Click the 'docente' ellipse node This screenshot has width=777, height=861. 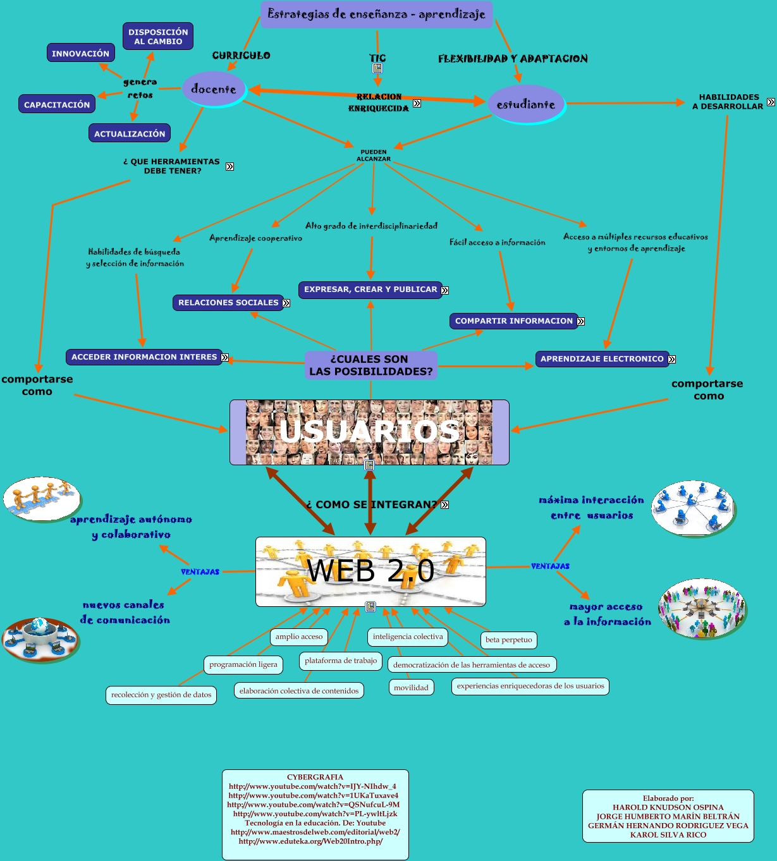(213, 89)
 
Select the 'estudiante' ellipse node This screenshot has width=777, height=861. (525, 104)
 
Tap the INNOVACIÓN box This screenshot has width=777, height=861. (80, 53)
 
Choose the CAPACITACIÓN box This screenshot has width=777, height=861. (57, 104)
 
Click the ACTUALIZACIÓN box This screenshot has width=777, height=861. (130, 133)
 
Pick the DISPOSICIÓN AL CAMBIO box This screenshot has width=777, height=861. (158, 37)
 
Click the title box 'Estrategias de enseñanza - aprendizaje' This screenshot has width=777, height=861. (376, 15)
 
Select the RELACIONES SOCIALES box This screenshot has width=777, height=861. (228, 303)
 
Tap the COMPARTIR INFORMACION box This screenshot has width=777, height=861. (513, 321)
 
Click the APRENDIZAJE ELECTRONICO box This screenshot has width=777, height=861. (602, 359)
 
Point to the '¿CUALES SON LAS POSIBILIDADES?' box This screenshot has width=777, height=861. (371, 365)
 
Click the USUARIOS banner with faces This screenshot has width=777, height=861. (369, 432)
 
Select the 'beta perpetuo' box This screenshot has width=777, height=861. (509, 640)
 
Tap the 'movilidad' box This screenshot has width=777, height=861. (411, 688)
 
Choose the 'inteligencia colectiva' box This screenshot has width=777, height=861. (408, 637)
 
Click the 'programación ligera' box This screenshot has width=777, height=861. (243, 664)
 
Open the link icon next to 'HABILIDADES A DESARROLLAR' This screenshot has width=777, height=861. (771, 102)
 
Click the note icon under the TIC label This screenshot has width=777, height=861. (377, 68)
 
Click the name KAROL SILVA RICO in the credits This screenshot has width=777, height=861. (668, 834)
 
